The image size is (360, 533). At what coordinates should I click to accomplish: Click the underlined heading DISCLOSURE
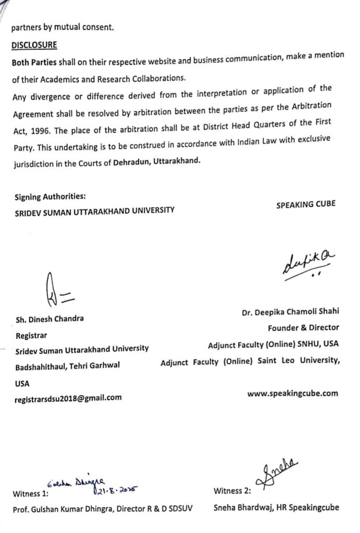(34, 46)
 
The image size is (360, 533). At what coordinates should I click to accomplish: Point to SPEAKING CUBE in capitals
(306, 205)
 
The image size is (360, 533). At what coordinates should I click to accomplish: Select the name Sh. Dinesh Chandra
(49, 319)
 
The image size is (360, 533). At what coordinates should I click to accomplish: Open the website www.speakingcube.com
(292, 394)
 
